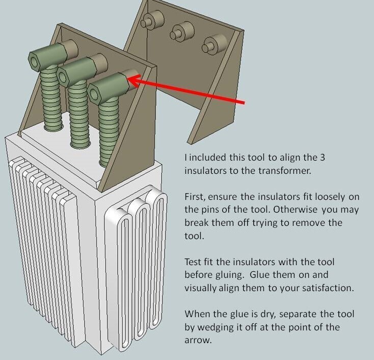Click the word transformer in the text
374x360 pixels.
click(x=285, y=171)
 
